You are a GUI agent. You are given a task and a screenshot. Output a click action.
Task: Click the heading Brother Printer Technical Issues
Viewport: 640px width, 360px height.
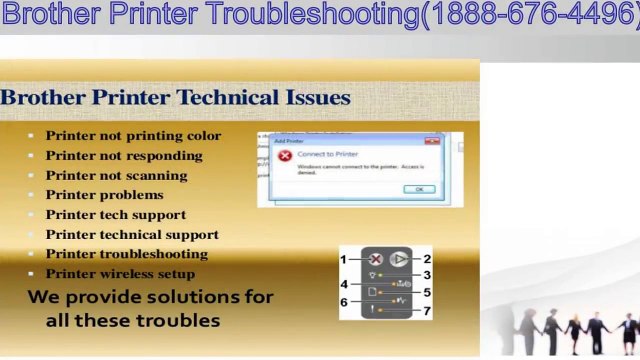(176, 98)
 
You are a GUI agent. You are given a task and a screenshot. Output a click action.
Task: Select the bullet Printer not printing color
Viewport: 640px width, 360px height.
(133, 136)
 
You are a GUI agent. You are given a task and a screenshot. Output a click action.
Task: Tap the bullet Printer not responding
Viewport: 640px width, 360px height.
(124, 156)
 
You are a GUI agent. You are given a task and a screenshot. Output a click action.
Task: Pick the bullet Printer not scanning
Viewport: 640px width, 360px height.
(118, 176)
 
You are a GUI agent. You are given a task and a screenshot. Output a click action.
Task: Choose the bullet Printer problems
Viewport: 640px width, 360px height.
(104, 195)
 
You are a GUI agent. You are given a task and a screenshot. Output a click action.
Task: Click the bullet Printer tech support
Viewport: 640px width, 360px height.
(116, 215)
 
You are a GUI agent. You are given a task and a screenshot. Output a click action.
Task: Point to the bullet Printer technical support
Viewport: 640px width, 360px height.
(132, 235)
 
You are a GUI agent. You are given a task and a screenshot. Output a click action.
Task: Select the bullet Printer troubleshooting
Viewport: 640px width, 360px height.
(127, 254)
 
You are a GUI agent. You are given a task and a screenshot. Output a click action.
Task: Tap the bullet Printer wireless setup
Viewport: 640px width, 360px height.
(120, 274)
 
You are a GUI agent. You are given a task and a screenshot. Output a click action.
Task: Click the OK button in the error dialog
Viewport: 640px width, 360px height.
(419, 188)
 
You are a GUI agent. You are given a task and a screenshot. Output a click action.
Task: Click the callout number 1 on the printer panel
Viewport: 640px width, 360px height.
(343, 260)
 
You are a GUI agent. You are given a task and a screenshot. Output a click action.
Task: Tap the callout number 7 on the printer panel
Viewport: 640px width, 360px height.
(427, 312)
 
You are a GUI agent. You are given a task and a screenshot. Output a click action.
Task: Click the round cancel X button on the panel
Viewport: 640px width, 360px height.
(376, 259)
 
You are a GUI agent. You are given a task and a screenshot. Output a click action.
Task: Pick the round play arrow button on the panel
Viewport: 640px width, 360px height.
(398, 259)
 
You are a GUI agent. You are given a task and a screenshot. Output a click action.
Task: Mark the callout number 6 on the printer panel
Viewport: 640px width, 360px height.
(343, 302)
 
